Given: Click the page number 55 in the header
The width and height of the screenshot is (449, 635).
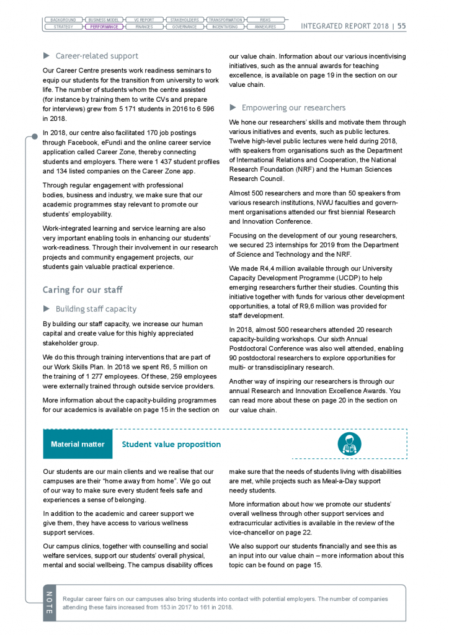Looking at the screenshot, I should [401, 26].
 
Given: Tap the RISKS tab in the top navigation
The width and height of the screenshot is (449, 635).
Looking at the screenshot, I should [265, 20].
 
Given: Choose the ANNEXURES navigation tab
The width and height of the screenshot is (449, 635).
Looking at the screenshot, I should [265, 27].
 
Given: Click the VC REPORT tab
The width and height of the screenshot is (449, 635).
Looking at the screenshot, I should [144, 20].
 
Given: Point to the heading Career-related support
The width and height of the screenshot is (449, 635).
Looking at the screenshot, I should [97, 56].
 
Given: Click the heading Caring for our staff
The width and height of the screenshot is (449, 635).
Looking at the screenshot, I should [82, 290].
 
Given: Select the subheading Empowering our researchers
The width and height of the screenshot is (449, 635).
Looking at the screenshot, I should [293, 107].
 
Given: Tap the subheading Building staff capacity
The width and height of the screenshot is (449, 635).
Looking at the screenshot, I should [96, 309].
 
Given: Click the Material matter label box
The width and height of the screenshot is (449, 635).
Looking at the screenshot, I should [78, 444].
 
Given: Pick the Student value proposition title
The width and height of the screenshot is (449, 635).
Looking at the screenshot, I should [171, 444].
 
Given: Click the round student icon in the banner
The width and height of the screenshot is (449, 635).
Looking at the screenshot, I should [349, 443].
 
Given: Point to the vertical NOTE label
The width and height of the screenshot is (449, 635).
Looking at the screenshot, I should [50, 602].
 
